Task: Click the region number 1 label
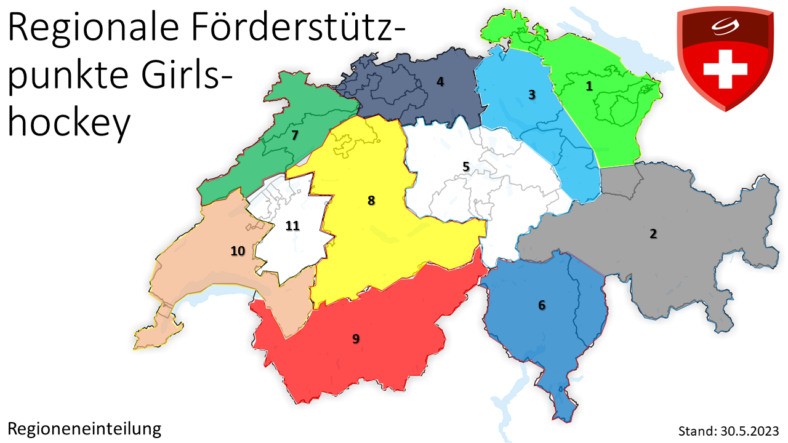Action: pos(589,86)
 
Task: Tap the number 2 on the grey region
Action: pos(653,234)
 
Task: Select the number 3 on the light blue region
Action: pos(532,95)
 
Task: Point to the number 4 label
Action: pos(440,81)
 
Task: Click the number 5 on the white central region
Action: pos(466,166)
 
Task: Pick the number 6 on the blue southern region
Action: pos(542,305)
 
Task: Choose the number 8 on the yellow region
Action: pos(371,201)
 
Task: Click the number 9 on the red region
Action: pos(356,338)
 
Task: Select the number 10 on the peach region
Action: pos(238,250)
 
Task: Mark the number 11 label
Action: pos(292,226)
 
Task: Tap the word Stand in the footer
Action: pos(696,430)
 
